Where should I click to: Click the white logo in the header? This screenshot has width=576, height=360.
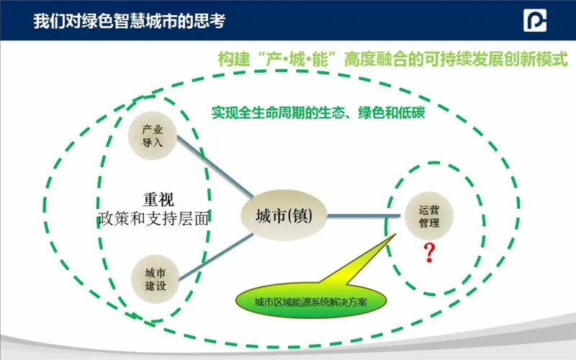click(x=535, y=20)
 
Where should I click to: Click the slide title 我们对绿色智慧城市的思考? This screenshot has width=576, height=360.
click(x=130, y=21)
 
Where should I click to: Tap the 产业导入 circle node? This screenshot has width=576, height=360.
click(x=152, y=135)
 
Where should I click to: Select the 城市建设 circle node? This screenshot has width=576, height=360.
click(x=155, y=279)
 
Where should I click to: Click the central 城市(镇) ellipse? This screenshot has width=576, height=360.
click(x=284, y=215)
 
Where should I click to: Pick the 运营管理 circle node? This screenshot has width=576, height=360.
click(x=428, y=216)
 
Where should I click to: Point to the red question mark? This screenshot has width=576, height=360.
click(x=429, y=253)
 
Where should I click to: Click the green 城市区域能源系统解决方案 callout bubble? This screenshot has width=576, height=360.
click(x=311, y=302)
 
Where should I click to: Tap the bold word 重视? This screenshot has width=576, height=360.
click(x=158, y=199)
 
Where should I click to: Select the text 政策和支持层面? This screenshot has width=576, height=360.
click(x=153, y=219)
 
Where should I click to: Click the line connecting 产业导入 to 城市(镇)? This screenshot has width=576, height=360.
click(x=215, y=166)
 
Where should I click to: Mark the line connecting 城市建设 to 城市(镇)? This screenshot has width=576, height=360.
click(x=215, y=257)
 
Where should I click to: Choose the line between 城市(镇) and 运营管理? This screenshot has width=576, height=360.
click(x=364, y=215)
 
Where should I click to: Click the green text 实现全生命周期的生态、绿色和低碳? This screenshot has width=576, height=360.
click(x=318, y=112)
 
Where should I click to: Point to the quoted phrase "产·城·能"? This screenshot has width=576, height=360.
click(x=298, y=59)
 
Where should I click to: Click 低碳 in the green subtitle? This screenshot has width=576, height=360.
click(x=411, y=112)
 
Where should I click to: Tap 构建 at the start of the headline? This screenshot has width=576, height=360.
click(x=233, y=59)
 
